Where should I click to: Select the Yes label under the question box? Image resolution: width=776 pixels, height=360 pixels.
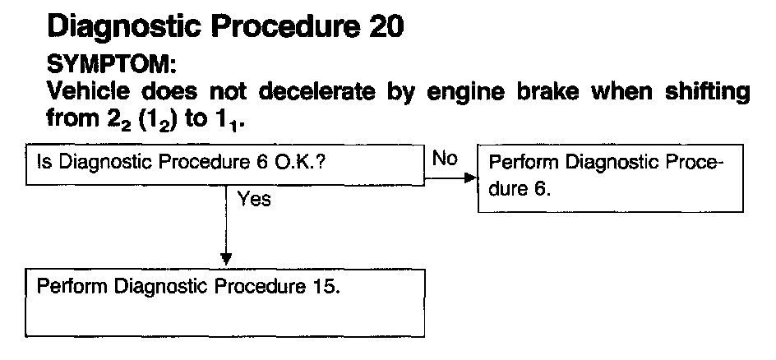tap(254, 200)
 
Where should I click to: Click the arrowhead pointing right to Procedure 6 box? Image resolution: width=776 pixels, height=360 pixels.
tap(470, 177)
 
